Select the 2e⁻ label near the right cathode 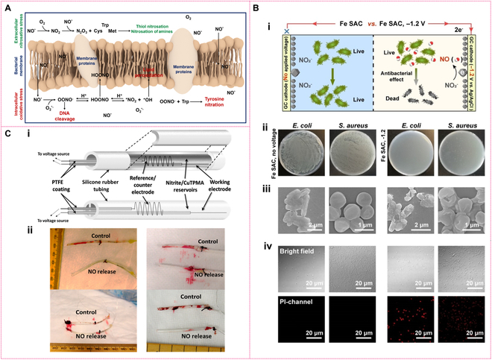pyautogui.click(x=471, y=22)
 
